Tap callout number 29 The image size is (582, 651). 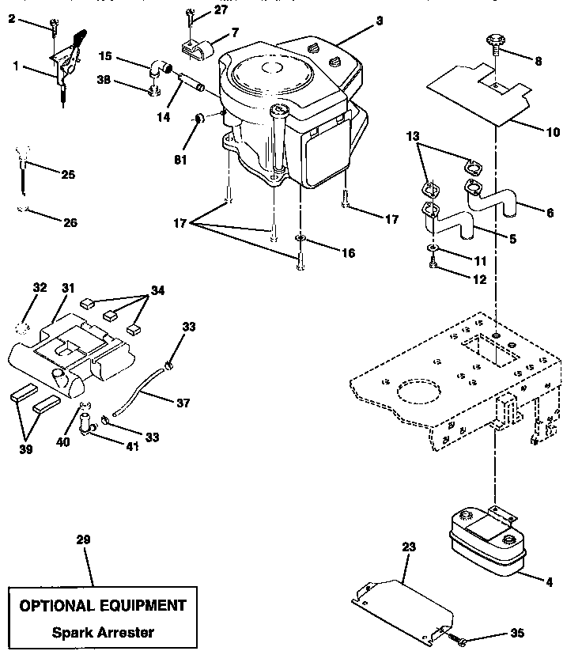[84, 539]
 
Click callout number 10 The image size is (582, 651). [552, 132]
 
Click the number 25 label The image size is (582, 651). [68, 174]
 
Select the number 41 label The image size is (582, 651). [132, 447]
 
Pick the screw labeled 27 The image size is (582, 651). [191, 14]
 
